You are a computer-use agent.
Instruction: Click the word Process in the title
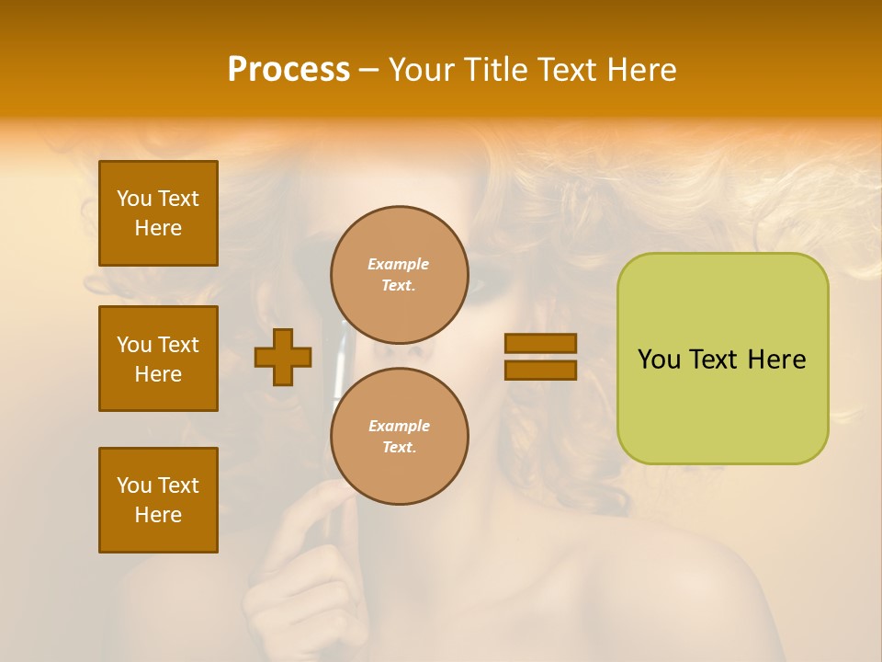[288, 70]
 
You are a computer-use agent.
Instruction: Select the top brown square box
[158, 213]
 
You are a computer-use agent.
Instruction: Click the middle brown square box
[158, 359]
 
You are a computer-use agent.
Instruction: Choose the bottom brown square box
[158, 500]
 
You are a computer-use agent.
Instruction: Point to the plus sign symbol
[283, 357]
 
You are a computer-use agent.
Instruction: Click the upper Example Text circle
[399, 274]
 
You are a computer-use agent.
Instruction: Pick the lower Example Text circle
[399, 436]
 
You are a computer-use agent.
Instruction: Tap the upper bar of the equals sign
[540, 343]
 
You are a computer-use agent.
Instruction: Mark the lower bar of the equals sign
[540, 370]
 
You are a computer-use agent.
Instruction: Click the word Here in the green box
[776, 360]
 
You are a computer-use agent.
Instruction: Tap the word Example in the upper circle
[399, 264]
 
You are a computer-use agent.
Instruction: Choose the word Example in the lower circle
[399, 426]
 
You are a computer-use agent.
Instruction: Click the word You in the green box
[660, 360]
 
